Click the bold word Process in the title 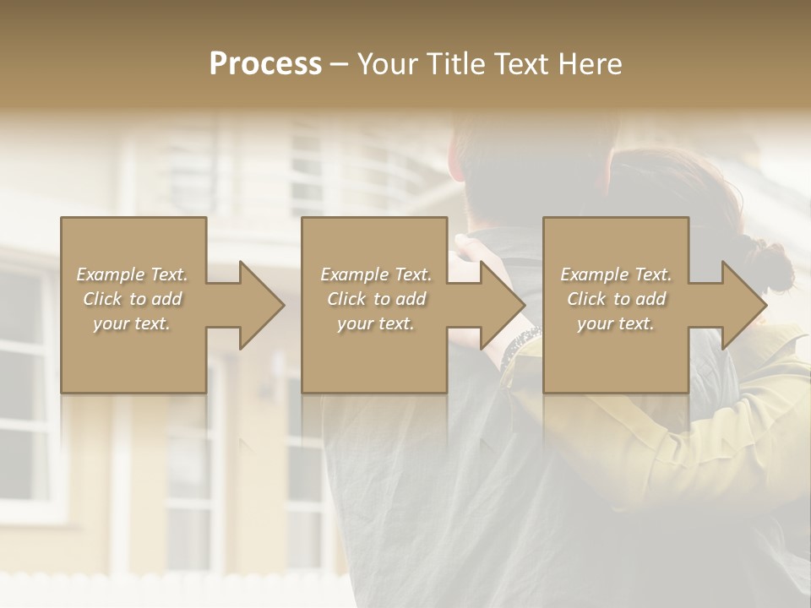(x=265, y=64)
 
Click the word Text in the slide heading (x=521, y=64)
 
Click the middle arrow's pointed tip (x=524, y=305)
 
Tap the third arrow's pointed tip (x=765, y=305)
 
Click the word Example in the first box (x=111, y=274)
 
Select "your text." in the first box (x=132, y=323)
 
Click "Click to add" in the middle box (x=376, y=299)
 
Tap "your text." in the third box (x=616, y=323)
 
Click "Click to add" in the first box (x=133, y=299)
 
